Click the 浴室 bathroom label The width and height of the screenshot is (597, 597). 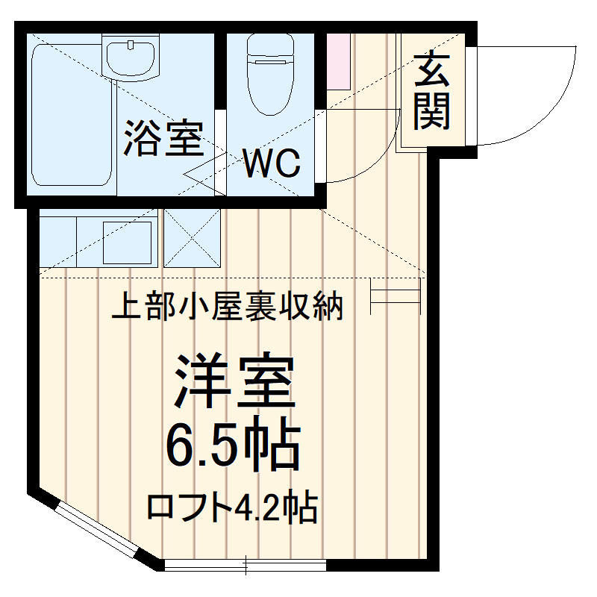tap(163, 138)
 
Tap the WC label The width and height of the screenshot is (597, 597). tap(272, 163)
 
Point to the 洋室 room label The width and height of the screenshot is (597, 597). tap(234, 382)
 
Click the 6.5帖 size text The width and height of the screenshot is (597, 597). tap(232, 446)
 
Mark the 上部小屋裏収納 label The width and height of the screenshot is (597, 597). tap(227, 305)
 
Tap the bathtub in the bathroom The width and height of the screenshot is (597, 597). tap(72, 116)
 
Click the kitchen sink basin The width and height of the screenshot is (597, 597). tap(127, 243)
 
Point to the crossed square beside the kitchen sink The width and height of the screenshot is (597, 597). tap(192, 238)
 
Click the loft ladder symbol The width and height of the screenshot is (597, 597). tap(396, 293)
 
